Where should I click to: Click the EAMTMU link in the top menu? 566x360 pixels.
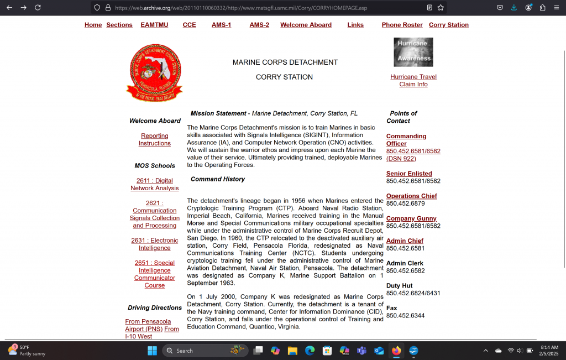point(154,25)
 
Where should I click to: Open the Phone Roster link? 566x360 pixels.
point(402,25)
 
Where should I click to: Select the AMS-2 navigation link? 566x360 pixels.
point(259,25)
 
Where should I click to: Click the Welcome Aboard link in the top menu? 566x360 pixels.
point(306,25)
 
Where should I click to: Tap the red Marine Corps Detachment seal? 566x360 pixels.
point(154,72)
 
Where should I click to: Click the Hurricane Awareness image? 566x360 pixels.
point(413,52)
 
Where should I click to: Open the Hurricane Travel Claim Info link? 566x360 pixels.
point(413,81)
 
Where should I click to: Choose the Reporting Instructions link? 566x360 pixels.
point(155,139)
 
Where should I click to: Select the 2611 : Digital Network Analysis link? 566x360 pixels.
point(155,184)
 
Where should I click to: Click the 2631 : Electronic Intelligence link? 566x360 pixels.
point(155,244)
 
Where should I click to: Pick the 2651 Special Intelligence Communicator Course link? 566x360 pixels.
point(155,274)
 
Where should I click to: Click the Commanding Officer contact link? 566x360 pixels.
point(406,140)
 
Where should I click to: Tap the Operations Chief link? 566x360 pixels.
point(411,196)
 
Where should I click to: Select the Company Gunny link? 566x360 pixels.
point(411,218)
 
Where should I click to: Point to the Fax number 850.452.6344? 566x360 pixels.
point(405,316)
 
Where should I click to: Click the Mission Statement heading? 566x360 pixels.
point(218,113)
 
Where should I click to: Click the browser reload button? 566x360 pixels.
point(38,8)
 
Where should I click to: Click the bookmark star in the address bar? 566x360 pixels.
point(441,8)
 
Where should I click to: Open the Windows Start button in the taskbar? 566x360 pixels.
point(152,351)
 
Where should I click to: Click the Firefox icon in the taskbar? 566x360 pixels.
point(396,351)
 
